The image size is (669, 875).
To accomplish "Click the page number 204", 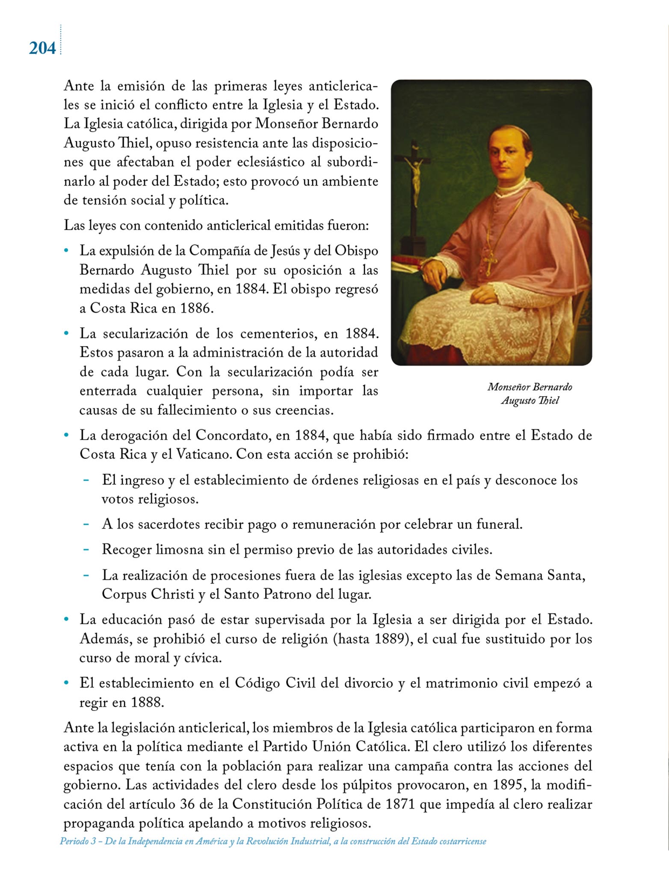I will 42,48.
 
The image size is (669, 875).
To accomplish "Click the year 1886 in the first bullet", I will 196,308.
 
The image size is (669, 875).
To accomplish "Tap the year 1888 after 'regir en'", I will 147,703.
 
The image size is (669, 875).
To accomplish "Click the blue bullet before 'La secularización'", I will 66,334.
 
